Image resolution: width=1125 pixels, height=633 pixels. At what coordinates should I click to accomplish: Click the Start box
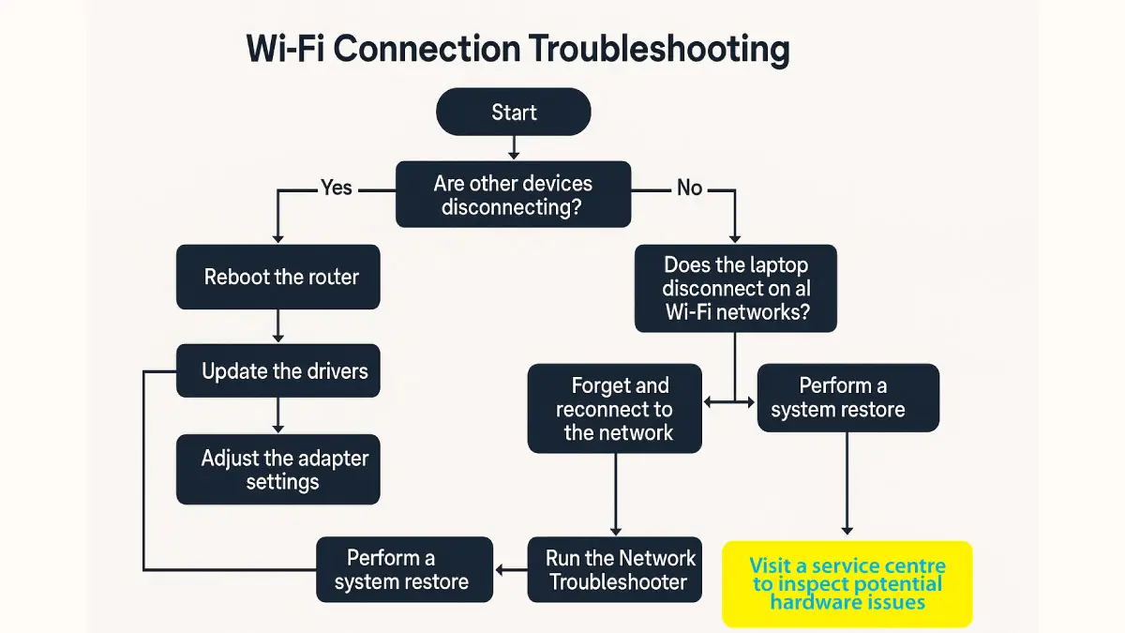514,113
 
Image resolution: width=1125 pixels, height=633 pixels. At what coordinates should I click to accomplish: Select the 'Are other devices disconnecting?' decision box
513,194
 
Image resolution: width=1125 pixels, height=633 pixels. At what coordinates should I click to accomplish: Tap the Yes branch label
336,188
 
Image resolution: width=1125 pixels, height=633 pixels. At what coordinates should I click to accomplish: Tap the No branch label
689,188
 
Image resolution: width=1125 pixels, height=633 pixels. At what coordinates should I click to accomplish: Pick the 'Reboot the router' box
278,278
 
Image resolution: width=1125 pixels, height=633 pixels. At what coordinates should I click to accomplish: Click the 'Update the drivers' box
278,371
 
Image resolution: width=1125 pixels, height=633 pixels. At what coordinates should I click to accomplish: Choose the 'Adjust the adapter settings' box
278,470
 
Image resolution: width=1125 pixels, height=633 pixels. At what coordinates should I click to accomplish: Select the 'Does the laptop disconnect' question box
735,289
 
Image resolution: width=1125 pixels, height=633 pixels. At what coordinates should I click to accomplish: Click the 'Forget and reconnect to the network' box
614,409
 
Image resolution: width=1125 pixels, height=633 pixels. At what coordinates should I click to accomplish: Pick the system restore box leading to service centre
847,399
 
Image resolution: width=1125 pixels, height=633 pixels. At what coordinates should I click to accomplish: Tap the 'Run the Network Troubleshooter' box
614,569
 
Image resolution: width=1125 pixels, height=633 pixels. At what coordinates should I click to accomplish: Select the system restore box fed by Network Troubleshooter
404,569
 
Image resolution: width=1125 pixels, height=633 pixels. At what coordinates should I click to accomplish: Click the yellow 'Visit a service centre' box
847,583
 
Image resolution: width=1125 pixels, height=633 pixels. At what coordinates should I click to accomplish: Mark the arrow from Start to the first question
514,147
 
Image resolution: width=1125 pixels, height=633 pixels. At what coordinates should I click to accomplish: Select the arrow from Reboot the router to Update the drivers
278,325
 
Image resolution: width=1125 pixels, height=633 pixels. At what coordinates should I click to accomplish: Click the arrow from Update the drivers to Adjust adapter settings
278,416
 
